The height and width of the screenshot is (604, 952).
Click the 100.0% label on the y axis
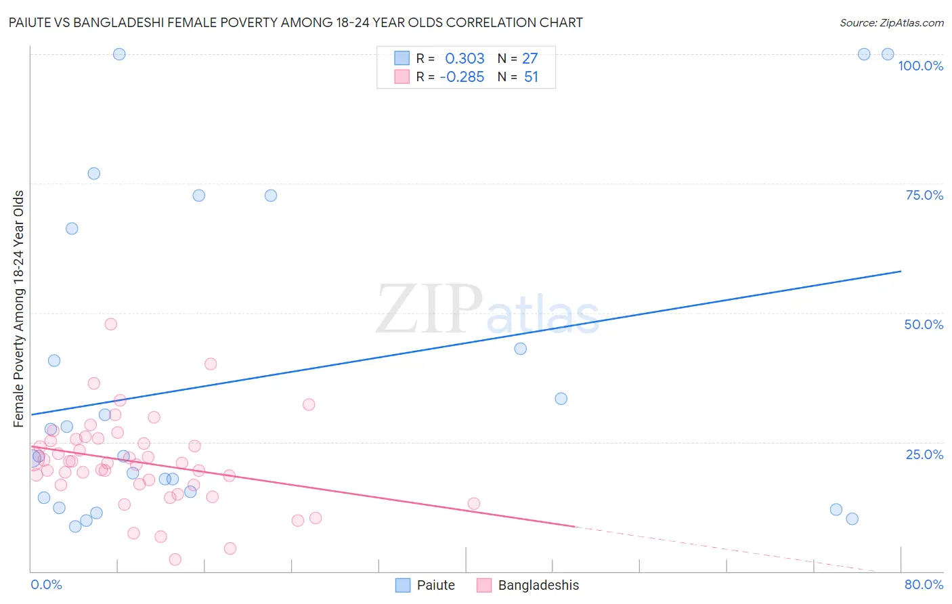coord(920,66)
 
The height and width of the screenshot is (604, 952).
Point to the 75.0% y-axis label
coord(924,195)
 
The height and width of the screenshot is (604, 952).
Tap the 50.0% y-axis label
coord(924,324)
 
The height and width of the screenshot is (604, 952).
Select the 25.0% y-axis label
coord(924,454)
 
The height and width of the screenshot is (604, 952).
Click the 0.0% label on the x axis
coord(46,584)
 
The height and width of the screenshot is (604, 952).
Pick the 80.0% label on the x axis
coord(924,584)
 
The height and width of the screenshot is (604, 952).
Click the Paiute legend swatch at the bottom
coord(404,585)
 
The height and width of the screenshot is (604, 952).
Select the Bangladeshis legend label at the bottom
coord(538,585)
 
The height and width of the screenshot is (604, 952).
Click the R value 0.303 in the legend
coord(464,58)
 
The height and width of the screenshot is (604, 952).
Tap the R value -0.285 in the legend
coord(462,77)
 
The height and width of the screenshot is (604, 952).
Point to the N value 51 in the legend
coord(531,77)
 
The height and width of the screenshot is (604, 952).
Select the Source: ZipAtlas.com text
coord(891,22)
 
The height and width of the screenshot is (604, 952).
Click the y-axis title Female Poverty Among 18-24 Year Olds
coord(19,309)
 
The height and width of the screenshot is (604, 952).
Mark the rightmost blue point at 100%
coord(888,54)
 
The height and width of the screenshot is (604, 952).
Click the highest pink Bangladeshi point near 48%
coord(111,324)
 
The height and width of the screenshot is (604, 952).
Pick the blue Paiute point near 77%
coord(94,173)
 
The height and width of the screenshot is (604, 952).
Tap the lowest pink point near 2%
coord(175,559)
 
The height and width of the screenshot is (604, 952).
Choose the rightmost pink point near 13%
coord(474,503)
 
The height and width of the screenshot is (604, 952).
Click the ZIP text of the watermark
coord(429,309)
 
